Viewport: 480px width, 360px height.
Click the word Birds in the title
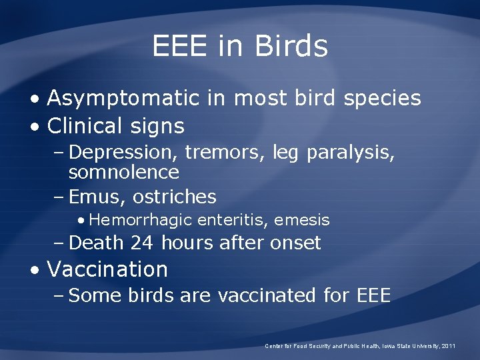click(291, 47)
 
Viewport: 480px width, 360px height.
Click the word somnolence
click(124, 173)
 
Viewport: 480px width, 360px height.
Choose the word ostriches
click(175, 197)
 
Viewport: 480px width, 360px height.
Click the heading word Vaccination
click(107, 269)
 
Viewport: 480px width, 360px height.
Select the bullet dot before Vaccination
click(35, 270)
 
